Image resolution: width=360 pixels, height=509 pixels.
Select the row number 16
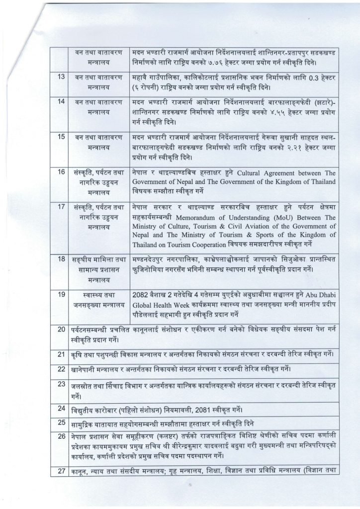[x=61, y=172]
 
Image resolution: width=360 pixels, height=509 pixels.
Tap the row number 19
[x=61, y=294]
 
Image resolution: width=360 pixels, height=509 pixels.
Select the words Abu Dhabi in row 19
[x=324, y=294]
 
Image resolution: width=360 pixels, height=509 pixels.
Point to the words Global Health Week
[x=161, y=303]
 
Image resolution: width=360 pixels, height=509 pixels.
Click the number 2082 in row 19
[x=142, y=294]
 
